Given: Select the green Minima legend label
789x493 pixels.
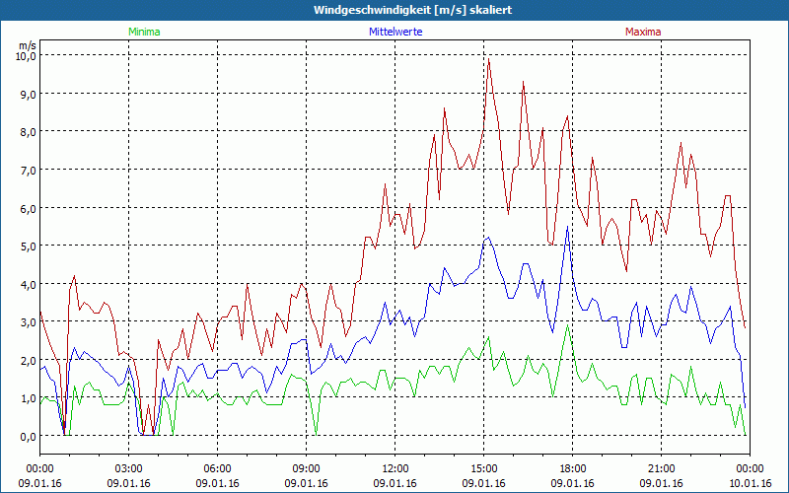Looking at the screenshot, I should tap(144, 32).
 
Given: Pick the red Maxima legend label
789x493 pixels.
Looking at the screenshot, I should tap(643, 32).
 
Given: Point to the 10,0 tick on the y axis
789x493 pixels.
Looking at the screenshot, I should tap(25, 55).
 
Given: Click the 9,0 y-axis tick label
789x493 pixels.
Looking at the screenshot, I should tap(25, 94).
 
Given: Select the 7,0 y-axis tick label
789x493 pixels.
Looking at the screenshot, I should tap(25, 170).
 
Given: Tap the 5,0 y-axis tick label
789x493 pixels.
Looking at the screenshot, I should tap(25, 246).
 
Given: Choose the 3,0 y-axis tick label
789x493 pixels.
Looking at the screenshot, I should tap(25, 321).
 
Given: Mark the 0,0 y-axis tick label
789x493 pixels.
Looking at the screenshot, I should tap(25, 436).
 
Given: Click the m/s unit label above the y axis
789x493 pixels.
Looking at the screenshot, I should tap(27, 44).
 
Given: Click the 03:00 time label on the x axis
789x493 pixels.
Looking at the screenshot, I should tap(129, 468).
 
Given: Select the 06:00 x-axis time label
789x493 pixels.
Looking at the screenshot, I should tap(218, 468).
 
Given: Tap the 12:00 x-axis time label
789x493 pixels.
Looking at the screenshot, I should tap(395, 468).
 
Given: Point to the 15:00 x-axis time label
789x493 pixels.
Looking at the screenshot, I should tap(484, 468).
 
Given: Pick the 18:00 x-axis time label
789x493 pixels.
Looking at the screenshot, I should tap(573, 468).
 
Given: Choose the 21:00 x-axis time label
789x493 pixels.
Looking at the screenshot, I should tap(662, 468).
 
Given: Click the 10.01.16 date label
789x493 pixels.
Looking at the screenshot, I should tap(751, 483).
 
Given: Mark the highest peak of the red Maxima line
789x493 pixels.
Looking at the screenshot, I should tap(488, 60).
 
